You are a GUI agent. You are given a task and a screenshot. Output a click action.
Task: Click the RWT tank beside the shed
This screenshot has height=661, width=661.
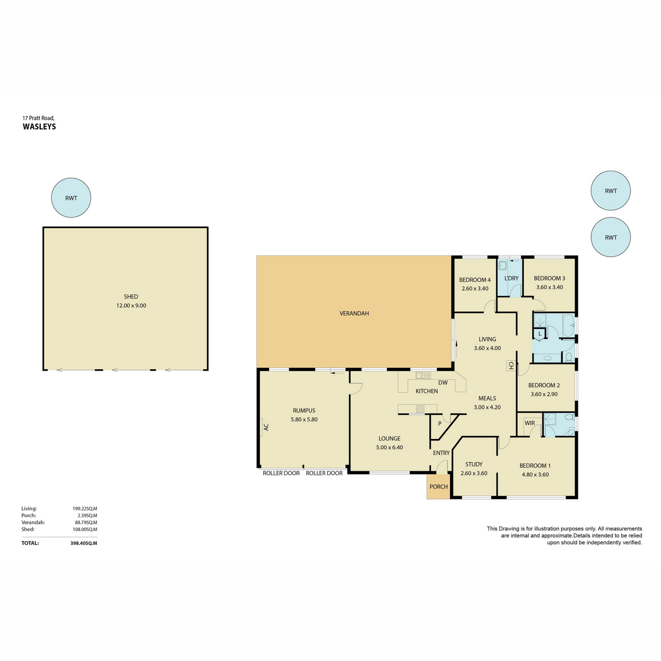tap(71, 198)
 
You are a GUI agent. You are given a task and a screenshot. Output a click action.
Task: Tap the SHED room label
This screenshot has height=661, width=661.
tap(131, 297)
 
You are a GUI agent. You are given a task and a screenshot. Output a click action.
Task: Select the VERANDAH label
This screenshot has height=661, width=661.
tap(354, 313)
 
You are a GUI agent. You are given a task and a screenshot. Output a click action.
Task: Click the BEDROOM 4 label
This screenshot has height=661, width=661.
tap(475, 280)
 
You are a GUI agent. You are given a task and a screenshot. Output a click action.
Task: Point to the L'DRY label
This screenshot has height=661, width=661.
tap(511, 278)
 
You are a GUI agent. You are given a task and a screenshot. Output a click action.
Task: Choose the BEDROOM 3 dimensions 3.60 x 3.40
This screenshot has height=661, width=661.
tap(549, 287)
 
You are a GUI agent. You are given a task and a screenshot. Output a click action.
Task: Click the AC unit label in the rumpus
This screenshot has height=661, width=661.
tap(266, 426)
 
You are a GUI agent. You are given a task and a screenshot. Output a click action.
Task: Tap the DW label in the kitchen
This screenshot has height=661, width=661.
tap(443, 382)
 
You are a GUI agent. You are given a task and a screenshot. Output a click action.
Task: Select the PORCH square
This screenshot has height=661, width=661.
tap(438, 487)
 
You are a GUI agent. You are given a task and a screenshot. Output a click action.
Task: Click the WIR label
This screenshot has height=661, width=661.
tap(529, 423)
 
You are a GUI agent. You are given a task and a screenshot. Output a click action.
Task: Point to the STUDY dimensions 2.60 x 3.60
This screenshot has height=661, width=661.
tap(474, 473)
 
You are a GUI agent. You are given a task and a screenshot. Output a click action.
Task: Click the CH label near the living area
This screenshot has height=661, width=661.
tap(511, 365)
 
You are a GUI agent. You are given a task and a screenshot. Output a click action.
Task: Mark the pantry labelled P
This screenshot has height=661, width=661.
tap(440, 424)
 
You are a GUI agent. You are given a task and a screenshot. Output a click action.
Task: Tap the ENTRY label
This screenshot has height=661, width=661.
tap(441, 453)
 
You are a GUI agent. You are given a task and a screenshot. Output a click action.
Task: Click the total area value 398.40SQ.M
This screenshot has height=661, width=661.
tap(84, 543)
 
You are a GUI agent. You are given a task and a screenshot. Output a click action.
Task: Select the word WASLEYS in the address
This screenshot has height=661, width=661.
tap(39, 127)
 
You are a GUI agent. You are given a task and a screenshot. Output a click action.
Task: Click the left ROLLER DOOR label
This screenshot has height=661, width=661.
tap(281, 473)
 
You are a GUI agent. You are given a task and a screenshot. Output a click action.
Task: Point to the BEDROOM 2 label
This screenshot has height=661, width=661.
tap(544, 386)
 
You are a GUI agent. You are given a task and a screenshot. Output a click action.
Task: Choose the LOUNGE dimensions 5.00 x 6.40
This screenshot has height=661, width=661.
tap(389, 447)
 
